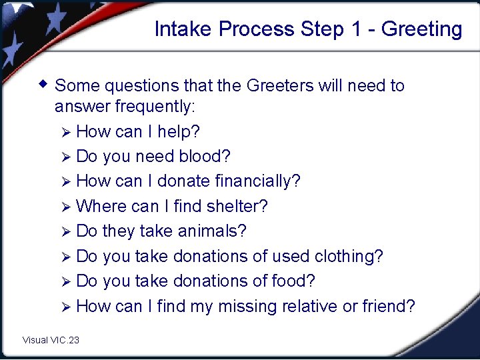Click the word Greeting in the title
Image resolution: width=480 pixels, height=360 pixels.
click(421, 29)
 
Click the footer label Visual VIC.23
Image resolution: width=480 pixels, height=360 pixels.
click(51, 340)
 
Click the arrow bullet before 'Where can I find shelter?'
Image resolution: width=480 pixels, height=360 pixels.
click(65, 207)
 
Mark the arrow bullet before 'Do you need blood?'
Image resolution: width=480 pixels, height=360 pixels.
click(65, 157)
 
